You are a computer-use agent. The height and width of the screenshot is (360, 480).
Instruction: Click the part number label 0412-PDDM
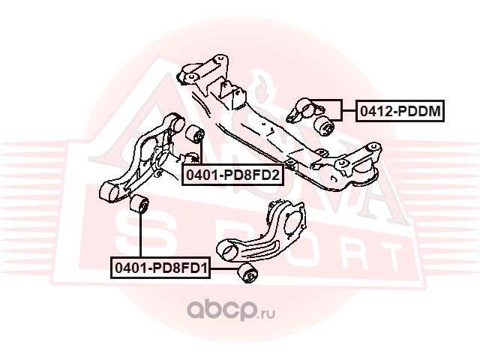click(x=398, y=112)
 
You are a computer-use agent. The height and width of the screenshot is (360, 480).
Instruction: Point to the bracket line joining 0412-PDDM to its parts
click(x=343, y=112)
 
